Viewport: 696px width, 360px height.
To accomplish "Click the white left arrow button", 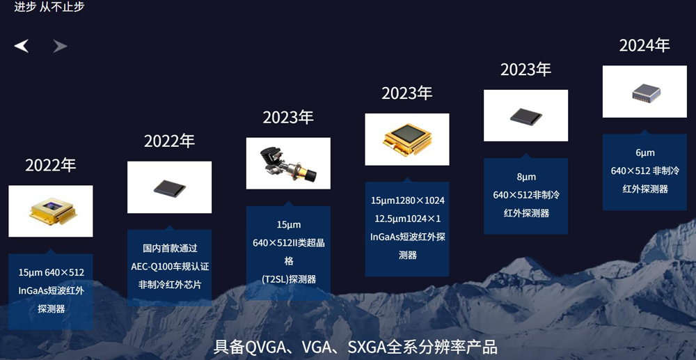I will (22, 46).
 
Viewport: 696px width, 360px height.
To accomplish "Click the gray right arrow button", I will (61, 46).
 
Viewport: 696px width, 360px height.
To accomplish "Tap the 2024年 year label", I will (644, 45).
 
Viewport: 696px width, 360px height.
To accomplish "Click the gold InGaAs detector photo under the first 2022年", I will (51, 211).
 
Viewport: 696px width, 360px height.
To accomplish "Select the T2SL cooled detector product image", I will (288, 163).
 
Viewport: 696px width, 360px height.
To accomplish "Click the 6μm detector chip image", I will (644, 91).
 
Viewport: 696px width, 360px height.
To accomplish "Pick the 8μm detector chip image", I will (525, 116).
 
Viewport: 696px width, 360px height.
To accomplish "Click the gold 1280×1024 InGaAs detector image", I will (407, 139).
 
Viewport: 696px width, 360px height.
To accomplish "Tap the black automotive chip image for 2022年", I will (169, 187).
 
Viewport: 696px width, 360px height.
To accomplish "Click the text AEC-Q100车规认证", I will (170, 266).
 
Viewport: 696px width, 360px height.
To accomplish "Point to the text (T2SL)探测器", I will (288, 279).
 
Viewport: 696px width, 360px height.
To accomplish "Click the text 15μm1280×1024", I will (407, 201).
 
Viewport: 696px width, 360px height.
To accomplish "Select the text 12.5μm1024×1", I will (407, 219).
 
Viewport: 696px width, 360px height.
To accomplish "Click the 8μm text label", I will (525, 177).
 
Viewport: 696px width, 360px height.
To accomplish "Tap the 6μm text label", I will (644, 152).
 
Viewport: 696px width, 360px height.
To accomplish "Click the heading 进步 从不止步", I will (49, 7).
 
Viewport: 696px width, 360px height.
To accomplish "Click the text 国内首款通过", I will (170, 248).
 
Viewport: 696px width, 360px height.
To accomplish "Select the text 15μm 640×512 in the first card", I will (51, 272).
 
